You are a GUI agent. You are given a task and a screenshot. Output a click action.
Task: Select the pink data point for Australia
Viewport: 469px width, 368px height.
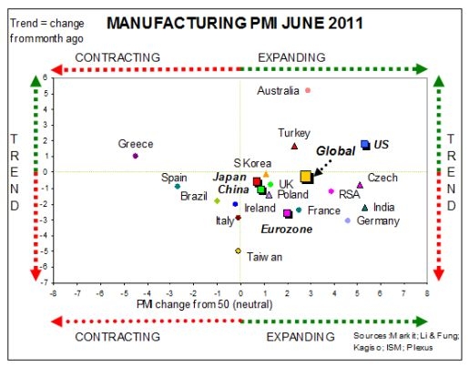(308, 90)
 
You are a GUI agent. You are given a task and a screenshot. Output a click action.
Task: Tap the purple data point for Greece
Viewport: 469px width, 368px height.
(135, 156)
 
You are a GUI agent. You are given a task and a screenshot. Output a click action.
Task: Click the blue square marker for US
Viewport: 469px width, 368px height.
(364, 144)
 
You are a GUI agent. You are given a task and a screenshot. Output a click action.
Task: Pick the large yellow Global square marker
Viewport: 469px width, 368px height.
(306, 177)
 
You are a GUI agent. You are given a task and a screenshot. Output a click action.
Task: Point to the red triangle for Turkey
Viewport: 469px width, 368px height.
(294, 146)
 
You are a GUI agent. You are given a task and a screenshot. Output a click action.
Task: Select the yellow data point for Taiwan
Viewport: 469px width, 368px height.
(238, 250)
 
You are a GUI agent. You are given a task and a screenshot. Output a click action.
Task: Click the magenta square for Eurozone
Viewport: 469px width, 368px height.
(288, 213)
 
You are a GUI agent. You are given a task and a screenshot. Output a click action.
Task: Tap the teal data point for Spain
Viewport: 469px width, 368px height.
(178, 187)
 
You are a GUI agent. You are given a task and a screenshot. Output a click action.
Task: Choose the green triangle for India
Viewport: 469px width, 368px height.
(365, 208)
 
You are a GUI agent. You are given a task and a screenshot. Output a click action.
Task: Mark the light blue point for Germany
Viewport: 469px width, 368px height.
(347, 220)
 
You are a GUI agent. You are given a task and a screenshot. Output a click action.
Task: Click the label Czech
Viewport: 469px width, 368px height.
(382, 178)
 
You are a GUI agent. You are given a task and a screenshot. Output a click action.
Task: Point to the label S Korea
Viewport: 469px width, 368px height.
(250, 161)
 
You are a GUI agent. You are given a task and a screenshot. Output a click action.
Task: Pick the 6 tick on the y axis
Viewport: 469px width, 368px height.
(45, 78)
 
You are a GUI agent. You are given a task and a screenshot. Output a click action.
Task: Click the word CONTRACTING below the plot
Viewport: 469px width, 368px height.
(118, 337)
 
